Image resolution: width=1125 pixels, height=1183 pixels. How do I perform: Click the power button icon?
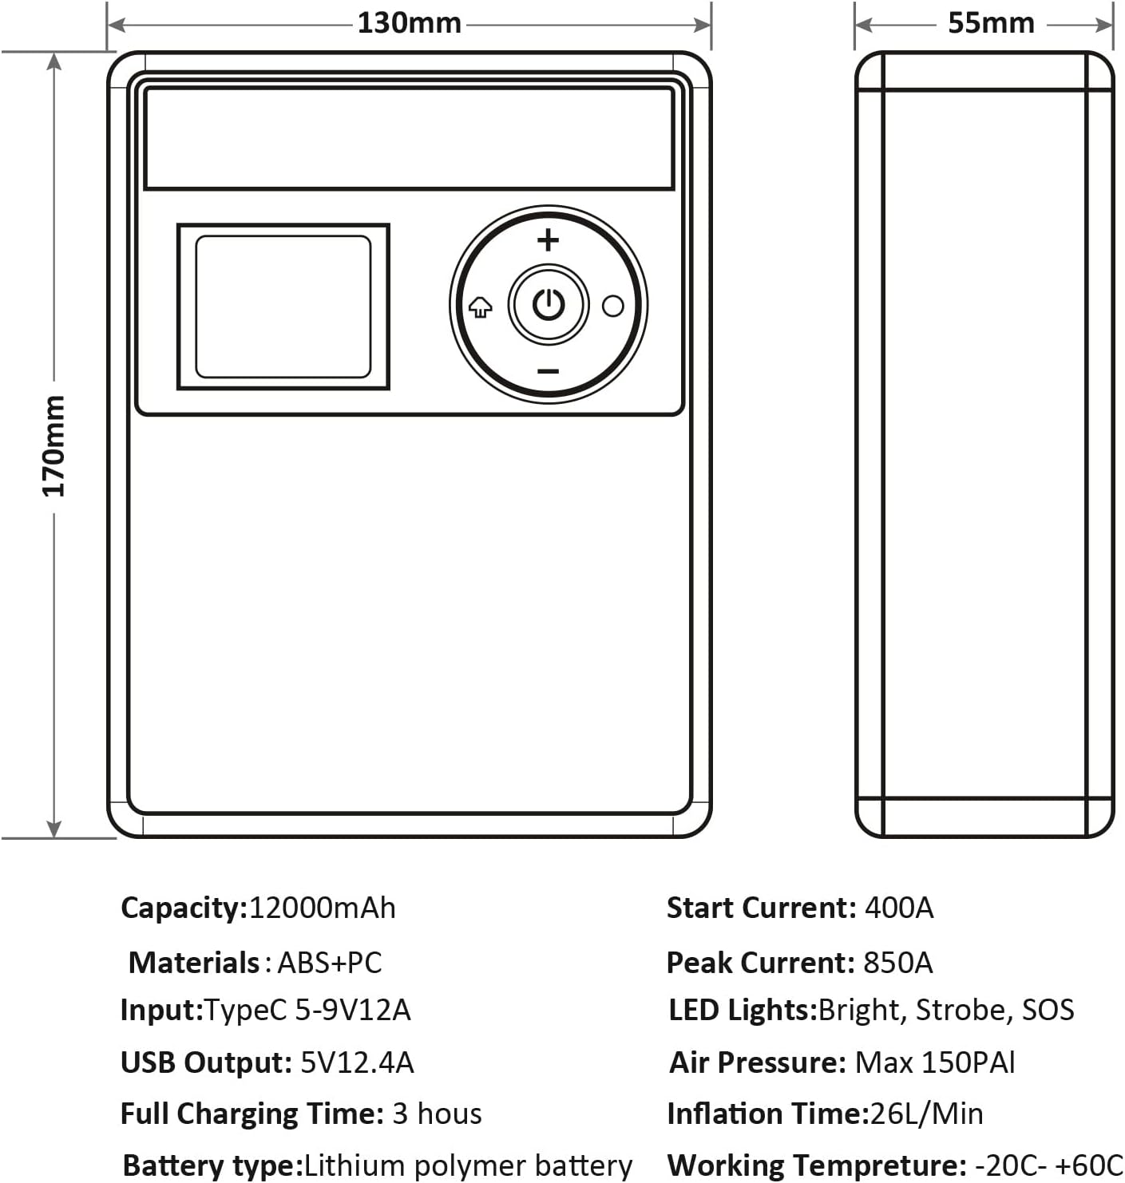549,304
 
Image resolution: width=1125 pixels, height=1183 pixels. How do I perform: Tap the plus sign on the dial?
548,239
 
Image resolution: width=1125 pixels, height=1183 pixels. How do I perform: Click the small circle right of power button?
612,306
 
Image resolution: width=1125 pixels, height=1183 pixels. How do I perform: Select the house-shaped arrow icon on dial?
480,307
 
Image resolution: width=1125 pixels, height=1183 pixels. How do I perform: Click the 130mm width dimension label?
409,23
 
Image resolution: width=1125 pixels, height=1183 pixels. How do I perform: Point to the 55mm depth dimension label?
991,23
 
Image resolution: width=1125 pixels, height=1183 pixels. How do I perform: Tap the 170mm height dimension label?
53,445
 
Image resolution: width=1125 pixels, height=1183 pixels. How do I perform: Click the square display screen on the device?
283,307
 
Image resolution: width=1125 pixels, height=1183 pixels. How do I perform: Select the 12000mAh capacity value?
322,908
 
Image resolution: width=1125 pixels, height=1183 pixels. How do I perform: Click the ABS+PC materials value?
329,962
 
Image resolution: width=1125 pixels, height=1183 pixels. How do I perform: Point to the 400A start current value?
899,908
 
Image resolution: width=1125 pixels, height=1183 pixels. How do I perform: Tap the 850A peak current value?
898,962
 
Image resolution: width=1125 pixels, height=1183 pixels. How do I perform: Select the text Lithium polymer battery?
468,1165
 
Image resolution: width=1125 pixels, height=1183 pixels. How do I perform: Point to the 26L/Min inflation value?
926,1114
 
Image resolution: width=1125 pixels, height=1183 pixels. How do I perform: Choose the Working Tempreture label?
817,1165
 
